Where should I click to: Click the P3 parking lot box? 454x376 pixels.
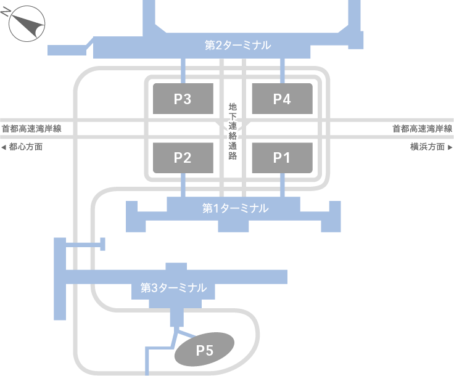coord(183,99)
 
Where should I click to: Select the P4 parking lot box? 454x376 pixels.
coord(282,99)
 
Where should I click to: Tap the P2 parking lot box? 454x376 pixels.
coord(183,157)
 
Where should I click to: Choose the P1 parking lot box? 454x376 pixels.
coord(282,157)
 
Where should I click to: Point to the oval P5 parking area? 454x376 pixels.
coord(204,350)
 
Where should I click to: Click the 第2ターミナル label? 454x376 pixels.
coord(237,45)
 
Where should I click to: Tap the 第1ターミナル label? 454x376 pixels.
coord(235,208)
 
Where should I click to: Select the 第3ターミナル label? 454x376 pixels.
coord(173,287)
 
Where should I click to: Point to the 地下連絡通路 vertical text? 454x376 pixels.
coord(233,131)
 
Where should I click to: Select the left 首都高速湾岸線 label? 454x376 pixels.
coord(31,129)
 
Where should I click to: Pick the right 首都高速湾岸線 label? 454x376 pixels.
coord(423,129)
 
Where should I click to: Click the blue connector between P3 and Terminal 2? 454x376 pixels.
coord(183,71)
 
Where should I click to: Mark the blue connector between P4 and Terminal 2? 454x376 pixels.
coord(282,71)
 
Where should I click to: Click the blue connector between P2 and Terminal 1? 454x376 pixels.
coord(183,185)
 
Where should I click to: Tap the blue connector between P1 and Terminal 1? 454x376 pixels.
coord(282,185)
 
